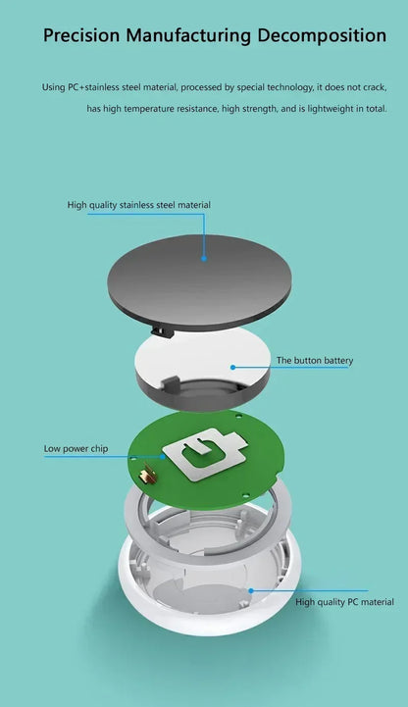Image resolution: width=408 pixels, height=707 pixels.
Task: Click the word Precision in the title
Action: point(81,34)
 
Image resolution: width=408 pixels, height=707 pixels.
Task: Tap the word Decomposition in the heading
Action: point(322,35)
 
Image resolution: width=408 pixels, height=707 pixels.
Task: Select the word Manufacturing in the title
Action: point(188,35)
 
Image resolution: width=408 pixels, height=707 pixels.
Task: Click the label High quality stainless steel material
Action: point(139,205)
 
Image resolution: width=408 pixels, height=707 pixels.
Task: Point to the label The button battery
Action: point(315,360)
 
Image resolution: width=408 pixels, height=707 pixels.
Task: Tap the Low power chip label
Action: point(76,449)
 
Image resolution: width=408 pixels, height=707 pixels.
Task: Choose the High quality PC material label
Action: point(344,602)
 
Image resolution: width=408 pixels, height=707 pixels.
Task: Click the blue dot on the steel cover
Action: point(204,258)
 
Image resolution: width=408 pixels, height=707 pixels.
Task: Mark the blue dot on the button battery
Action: point(232,368)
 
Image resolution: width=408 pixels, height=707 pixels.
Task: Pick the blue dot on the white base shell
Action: point(251,590)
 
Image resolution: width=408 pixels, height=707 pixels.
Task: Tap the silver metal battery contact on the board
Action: point(205,453)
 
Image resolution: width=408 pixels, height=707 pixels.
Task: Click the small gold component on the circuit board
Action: point(148,476)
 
